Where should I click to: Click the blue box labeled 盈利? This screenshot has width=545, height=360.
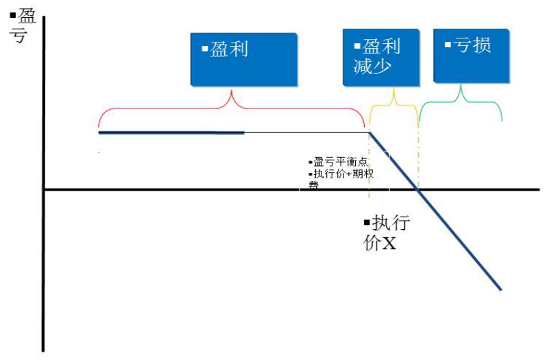point(244,60)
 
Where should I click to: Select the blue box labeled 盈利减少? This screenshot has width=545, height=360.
point(381,58)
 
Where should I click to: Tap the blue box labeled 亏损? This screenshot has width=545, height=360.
point(472,56)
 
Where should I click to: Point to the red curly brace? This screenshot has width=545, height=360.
point(232,108)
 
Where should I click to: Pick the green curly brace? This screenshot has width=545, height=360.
point(461,101)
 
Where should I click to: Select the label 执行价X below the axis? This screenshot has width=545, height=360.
point(387,232)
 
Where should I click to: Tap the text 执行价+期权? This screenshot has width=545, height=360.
point(341,173)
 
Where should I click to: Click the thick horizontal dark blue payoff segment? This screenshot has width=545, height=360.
point(171,132)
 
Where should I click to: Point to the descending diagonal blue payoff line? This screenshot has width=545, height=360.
point(435,211)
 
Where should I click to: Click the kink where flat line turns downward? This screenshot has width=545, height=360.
point(370,132)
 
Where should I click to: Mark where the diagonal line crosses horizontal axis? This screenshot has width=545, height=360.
point(417,189)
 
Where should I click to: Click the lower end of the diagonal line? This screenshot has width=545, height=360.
point(501,289)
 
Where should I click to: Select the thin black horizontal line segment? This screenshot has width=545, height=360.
point(307,132)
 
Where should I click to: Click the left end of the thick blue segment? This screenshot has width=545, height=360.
point(99,132)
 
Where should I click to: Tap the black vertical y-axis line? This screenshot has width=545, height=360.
point(43,184)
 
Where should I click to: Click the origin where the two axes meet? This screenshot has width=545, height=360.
point(44,189)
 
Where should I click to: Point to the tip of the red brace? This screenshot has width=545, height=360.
point(232,90)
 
